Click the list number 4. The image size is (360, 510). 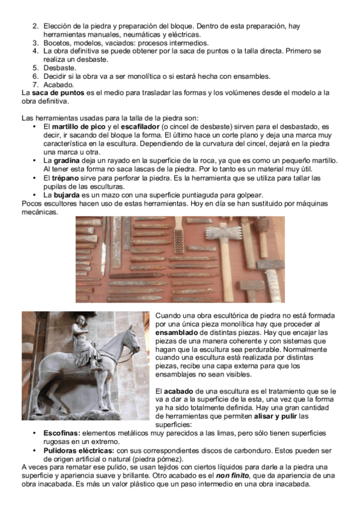coord(35,51)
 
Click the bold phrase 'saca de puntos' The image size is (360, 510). coord(58,93)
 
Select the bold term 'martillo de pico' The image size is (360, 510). coord(79,126)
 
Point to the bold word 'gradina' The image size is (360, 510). coord(67,161)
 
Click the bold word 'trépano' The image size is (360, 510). coord(66,178)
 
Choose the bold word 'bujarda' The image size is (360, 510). coord(67,195)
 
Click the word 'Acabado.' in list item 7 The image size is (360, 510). coord(59,85)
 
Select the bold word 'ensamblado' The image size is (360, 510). coord(177,333)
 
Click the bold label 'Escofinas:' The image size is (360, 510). coord(62,433)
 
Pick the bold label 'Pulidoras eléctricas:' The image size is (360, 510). coord(79,451)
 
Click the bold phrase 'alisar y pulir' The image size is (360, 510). coord(275,416)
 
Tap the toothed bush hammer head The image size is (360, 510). coord(224,232)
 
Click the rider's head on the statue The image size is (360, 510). coord(81,321)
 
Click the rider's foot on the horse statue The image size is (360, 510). coord(97,368)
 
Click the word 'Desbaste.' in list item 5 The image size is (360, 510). coord(59,68)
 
